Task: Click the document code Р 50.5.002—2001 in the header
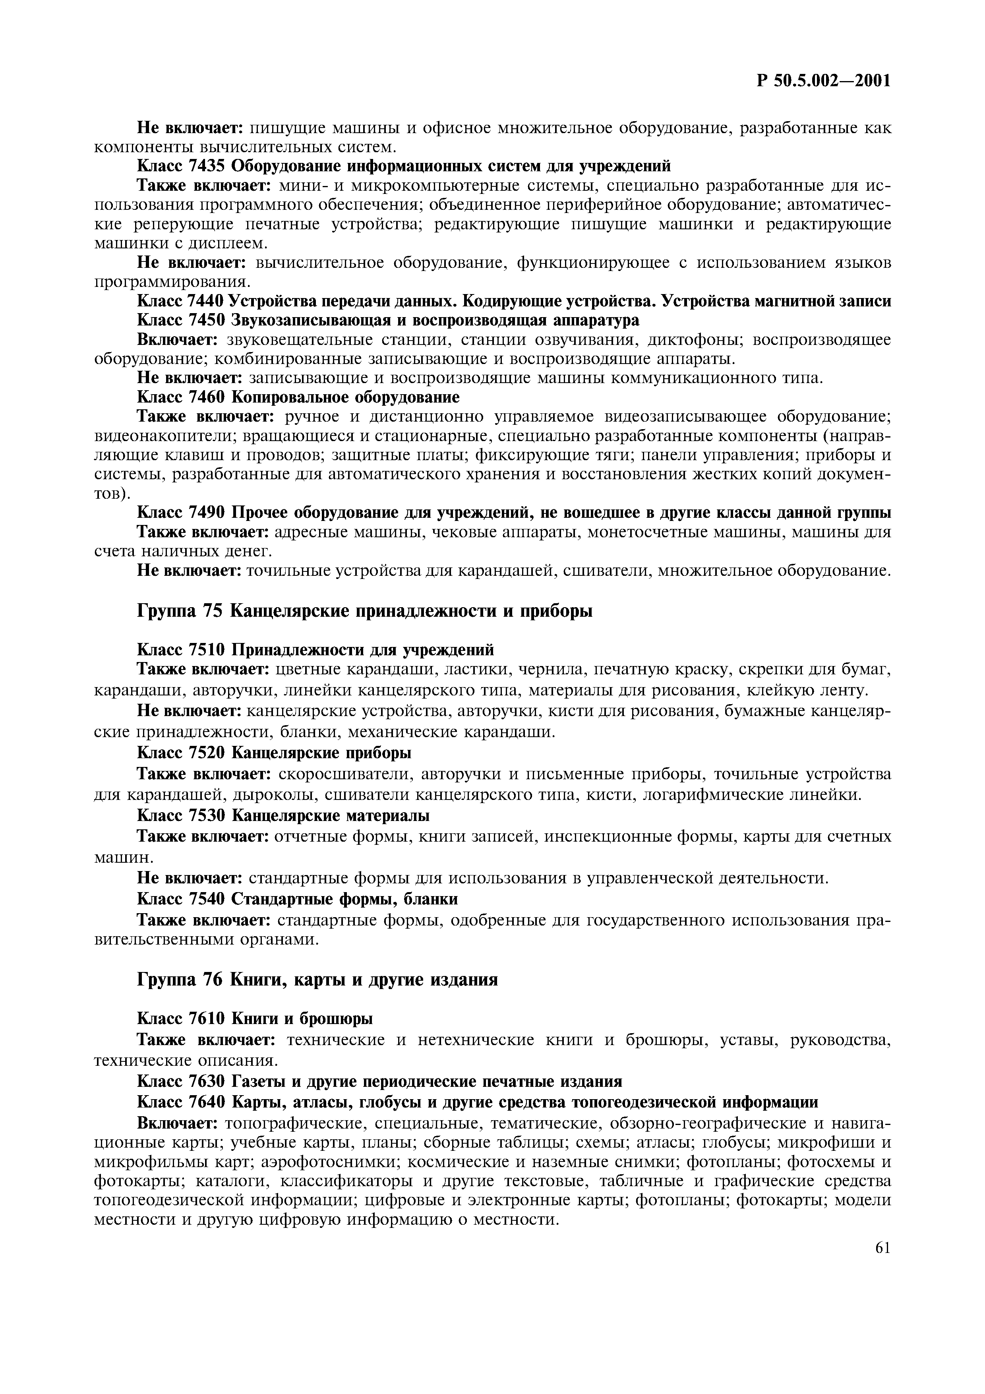click(824, 81)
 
